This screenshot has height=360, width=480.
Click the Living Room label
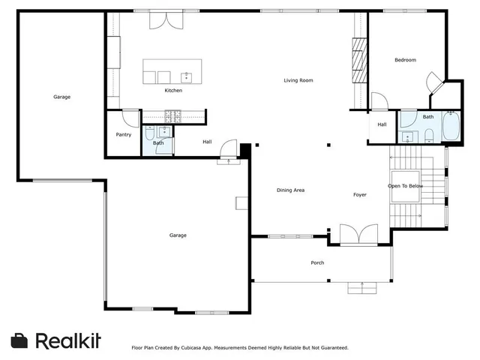(298, 80)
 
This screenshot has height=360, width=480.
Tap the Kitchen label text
(173, 91)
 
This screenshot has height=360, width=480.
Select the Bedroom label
(405, 60)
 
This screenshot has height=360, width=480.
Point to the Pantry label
(124, 135)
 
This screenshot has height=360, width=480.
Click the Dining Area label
(290, 190)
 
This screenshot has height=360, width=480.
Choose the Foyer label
(360, 195)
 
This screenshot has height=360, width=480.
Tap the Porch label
(317, 262)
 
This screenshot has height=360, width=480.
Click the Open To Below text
(405, 186)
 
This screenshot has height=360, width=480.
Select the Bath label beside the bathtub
(427, 116)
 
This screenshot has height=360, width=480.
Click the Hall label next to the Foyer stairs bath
(382, 124)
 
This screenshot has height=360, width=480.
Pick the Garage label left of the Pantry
(61, 97)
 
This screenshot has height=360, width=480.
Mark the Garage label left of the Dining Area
(178, 235)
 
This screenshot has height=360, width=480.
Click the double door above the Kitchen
(166, 20)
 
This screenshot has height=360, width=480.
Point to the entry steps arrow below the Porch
(362, 286)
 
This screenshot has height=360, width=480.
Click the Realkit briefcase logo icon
(20, 340)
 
